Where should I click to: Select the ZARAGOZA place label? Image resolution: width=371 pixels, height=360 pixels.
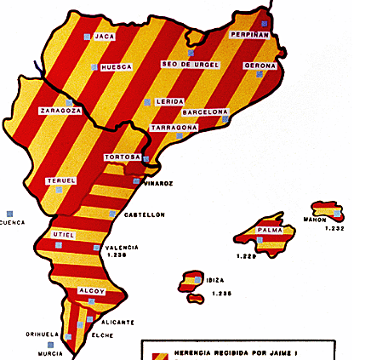pyautogui.click(x=60, y=111)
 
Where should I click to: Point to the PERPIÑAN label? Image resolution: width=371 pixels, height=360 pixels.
pyautogui.click(x=250, y=35)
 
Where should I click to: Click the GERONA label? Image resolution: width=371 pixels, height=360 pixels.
pyautogui.click(x=260, y=65)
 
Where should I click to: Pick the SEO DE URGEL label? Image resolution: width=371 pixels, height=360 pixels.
pyautogui.click(x=190, y=65)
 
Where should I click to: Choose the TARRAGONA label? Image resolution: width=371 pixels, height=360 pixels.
pyautogui.click(x=174, y=128)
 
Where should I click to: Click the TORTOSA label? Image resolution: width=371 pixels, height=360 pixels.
pyautogui.click(x=122, y=157)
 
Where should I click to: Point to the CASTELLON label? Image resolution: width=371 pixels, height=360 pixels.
pyautogui.click(x=144, y=214)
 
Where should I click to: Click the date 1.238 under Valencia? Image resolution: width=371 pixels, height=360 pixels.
pyautogui.click(x=116, y=255)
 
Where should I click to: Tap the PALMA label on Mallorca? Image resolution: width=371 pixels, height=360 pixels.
pyautogui.click(x=270, y=230)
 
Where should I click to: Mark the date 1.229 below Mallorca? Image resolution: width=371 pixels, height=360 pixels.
pyautogui.click(x=246, y=255)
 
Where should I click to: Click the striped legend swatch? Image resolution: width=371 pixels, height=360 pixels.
pyautogui.click(x=157, y=356)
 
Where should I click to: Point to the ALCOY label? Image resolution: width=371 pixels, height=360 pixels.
pyautogui.click(x=90, y=291)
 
